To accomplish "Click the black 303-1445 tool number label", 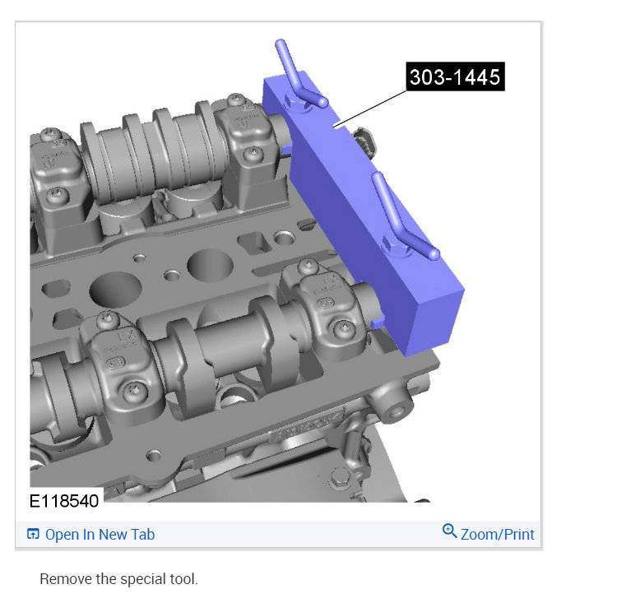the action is coord(455,77).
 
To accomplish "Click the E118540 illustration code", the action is coord(64,501).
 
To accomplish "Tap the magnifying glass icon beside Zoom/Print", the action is coord(449,531).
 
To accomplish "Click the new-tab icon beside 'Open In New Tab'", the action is coord(33,534).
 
